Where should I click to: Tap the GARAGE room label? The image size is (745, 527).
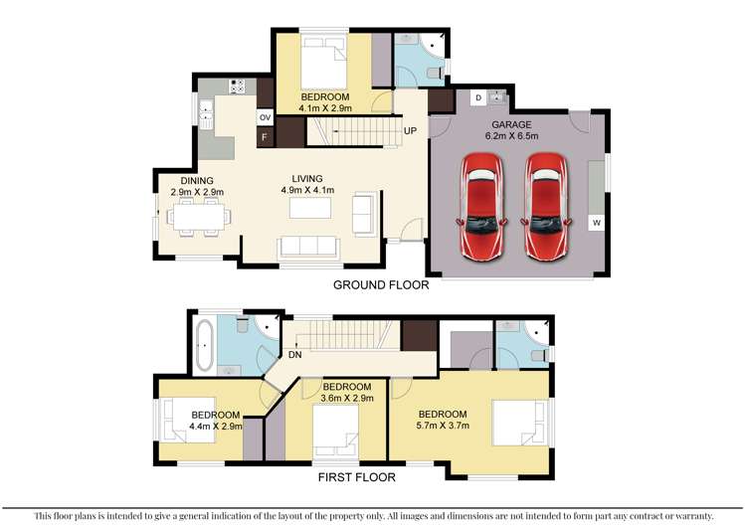tap(511, 123)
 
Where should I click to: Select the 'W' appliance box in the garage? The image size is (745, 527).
tap(596, 223)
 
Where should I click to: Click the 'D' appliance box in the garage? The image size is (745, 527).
tap(478, 97)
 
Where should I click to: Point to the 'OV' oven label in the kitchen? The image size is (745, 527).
tap(265, 117)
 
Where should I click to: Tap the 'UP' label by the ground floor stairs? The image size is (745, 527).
tap(409, 130)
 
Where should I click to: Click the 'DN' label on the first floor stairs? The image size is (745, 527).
tap(295, 354)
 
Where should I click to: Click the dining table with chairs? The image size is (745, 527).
tap(198, 216)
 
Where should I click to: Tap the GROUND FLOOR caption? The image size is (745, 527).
tap(381, 284)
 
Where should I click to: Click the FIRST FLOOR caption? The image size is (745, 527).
tap(356, 477)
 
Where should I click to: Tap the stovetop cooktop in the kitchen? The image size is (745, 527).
tap(238, 87)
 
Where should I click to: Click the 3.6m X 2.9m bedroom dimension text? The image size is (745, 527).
tap(346, 400)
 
